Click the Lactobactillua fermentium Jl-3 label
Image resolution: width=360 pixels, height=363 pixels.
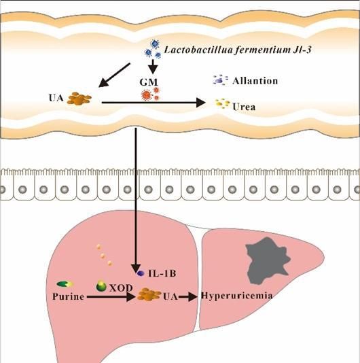tap(238, 50)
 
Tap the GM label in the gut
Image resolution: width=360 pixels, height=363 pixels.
tap(149, 82)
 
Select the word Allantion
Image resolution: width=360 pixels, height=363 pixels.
tap(255, 81)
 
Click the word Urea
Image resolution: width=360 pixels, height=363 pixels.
tap(244, 107)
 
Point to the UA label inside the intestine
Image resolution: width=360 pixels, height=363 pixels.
tap(56, 98)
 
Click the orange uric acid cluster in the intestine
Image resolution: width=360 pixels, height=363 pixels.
tap(79, 99)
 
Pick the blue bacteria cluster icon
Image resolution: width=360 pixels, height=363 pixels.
tap(153, 50)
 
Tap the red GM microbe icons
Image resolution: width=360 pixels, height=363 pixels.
tap(150, 94)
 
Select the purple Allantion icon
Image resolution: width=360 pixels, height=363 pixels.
tap(220, 80)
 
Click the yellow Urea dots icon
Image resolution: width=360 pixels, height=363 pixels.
tap(222, 103)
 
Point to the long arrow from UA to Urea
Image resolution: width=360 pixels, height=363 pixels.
tap(154, 103)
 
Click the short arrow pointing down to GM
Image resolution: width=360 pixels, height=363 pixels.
tap(153, 67)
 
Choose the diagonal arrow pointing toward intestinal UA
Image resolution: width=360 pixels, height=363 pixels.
tap(114, 75)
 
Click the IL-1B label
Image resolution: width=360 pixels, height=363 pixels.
tap(162, 273)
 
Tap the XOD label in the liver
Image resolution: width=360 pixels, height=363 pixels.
tap(121, 288)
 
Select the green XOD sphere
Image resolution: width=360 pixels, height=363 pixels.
tap(101, 286)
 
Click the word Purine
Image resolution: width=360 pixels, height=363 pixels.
tap(68, 296)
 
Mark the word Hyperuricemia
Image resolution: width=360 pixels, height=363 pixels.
tap(236, 296)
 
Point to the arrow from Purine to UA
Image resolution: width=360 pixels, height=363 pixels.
tap(111, 296)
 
